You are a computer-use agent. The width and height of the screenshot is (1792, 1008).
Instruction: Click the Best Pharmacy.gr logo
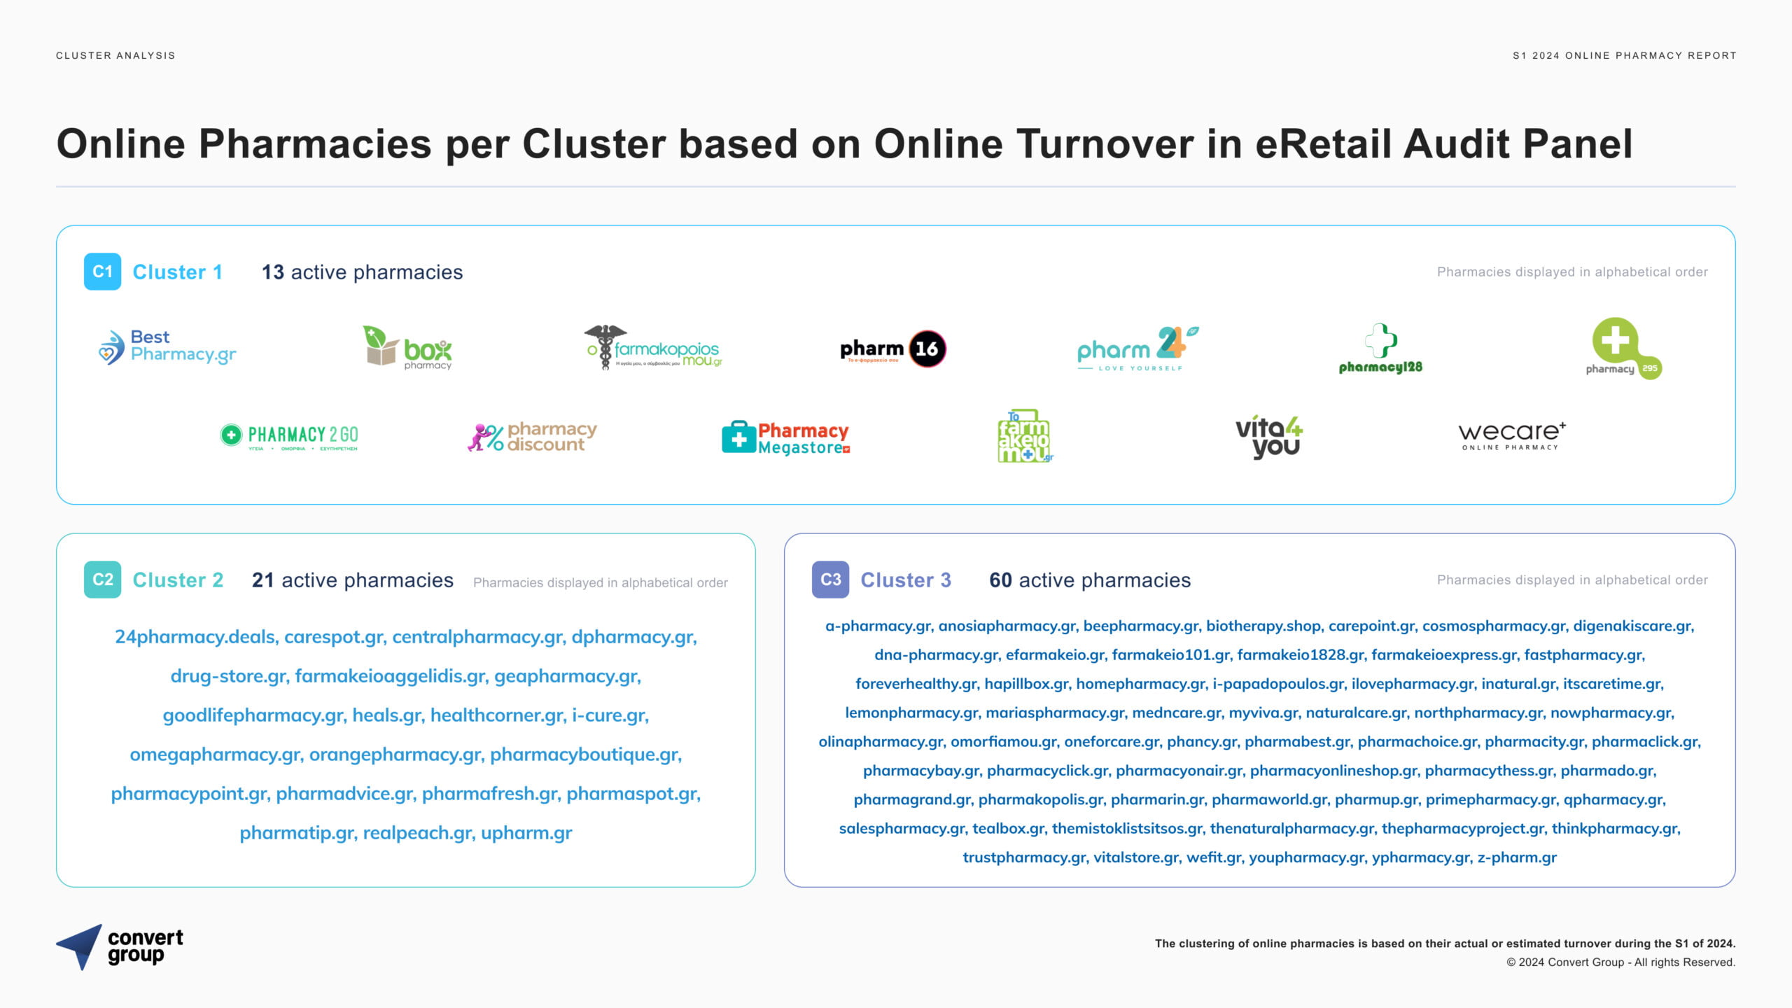pos(167,346)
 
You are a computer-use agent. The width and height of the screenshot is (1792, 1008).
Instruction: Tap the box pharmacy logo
pos(407,347)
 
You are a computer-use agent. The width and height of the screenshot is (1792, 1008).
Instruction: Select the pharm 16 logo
pos(893,349)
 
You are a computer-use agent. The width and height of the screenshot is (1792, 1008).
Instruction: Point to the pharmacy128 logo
pos(1380,349)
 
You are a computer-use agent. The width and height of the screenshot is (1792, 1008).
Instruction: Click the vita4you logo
pos(1268,437)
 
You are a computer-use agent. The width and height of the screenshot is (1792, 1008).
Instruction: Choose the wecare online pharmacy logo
pos(1512,436)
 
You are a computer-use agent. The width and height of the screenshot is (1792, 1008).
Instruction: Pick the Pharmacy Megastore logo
pos(786,437)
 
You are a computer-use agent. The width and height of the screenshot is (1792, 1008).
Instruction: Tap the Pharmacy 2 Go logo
pos(289,437)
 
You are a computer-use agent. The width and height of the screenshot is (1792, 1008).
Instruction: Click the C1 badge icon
pos(102,272)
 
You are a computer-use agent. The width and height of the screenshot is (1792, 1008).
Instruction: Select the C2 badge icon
pos(102,580)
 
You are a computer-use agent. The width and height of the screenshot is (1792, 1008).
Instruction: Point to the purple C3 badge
pos(830,580)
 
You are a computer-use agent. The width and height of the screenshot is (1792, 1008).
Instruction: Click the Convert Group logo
pos(120,947)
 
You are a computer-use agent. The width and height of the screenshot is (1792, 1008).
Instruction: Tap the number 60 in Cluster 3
pos(1000,580)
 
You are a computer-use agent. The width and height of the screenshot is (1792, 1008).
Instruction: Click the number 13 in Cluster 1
pos(272,272)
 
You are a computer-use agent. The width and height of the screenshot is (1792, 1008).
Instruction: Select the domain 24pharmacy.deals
pos(195,637)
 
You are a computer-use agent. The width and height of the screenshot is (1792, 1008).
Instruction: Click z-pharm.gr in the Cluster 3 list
pos(1517,857)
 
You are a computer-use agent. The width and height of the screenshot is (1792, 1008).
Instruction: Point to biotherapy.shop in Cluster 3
pos(1263,626)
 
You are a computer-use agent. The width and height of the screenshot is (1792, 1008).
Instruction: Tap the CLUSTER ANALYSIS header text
pos(115,55)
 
